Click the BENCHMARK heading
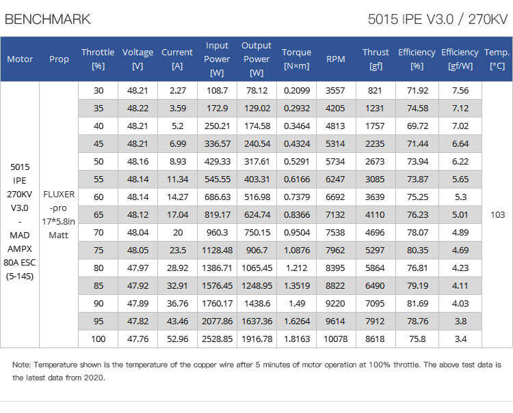tap(47, 19)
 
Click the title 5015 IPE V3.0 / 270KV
tap(437, 19)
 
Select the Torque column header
tap(296, 59)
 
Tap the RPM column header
tap(335, 59)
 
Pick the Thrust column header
tap(376, 59)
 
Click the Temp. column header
tap(497, 59)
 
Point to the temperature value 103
tap(497, 215)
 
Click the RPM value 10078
tap(335, 339)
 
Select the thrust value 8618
tap(376, 339)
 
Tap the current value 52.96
tap(177, 339)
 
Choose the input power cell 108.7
tap(217, 91)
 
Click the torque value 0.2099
tap(296, 91)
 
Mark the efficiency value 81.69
tap(417, 304)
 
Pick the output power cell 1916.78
tap(256, 339)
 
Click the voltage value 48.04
tap(137, 233)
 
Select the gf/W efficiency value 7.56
tap(460, 91)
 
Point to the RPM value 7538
tap(335, 233)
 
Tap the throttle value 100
tap(98, 339)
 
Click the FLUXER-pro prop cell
tap(59, 215)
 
